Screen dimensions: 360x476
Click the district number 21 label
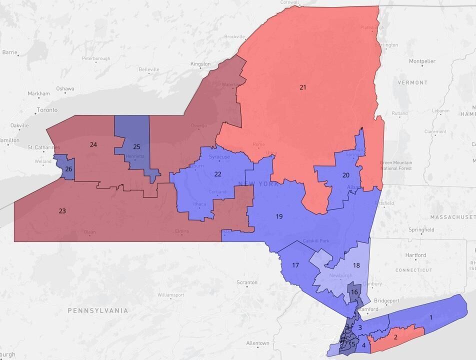point(303,87)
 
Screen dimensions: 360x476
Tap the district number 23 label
point(62,211)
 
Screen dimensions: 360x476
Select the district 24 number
point(93,144)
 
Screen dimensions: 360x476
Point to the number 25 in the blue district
point(136,147)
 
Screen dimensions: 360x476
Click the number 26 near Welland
point(68,169)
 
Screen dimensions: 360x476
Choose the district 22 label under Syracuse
point(217,174)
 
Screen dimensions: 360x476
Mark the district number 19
point(279,216)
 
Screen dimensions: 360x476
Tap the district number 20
point(345,175)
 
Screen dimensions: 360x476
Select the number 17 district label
point(295,265)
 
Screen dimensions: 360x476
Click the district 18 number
point(356,265)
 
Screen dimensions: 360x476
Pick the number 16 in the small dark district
point(354,292)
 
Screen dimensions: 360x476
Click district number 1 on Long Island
point(431,317)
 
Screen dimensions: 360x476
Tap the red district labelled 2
point(395,337)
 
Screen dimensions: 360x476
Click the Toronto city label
point(47,110)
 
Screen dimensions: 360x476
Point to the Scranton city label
point(247,282)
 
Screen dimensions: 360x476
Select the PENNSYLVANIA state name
point(98,310)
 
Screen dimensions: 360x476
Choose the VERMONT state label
point(412,82)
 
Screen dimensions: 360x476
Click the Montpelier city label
point(422,61)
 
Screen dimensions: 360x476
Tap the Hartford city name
point(416,255)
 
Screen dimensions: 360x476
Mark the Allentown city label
point(258,343)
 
